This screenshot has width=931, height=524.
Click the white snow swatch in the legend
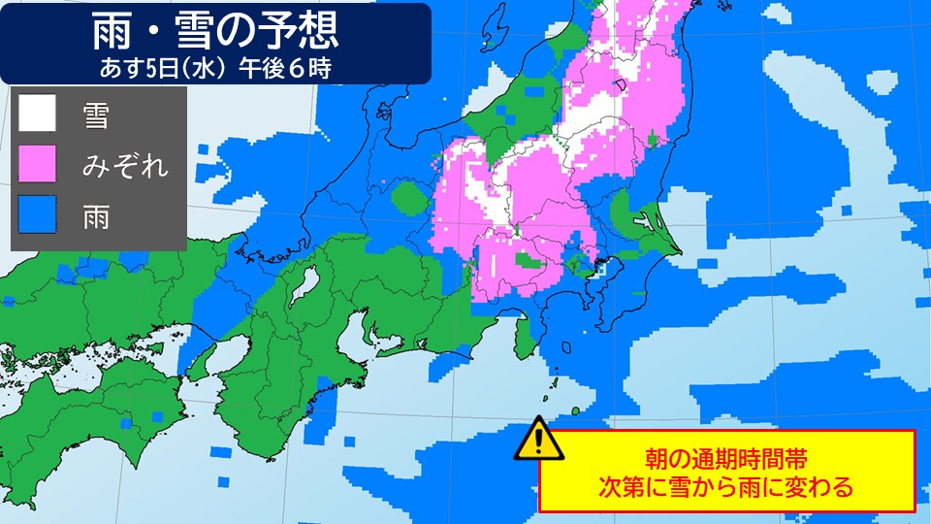(x=38, y=115)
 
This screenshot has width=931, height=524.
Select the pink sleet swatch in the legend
(x=38, y=164)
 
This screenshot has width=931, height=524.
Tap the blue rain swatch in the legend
(x=38, y=214)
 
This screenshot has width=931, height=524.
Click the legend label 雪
(x=94, y=116)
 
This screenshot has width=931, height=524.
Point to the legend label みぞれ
(x=125, y=165)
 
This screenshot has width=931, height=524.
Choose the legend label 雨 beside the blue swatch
(x=94, y=215)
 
